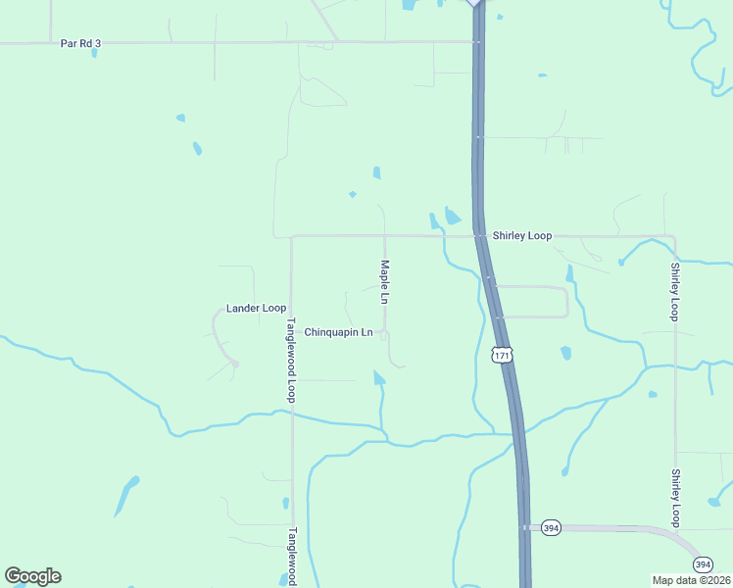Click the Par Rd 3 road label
(x=80, y=43)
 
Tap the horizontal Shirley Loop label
(x=522, y=236)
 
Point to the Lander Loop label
(x=256, y=308)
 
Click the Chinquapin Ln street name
(x=338, y=332)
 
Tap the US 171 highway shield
(x=502, y=355)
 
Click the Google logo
(x=32, y=575)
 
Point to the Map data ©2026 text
(x=690, y=580)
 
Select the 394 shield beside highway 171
(x=551, y=526)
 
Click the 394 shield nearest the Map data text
(x=703, y=564)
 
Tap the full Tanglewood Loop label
(x=291, y=360)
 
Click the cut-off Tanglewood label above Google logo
(x=291, y=554)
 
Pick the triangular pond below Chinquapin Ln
(x=378, y=377)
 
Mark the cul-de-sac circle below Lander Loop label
(x=235, y=364)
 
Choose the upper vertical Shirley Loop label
(x=674, y=291)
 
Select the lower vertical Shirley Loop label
(x=674, y=498)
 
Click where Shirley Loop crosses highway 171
(x=480, y=236)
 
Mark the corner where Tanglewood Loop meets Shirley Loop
(x=292, y=237)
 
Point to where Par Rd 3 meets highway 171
(x=476, y=42)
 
